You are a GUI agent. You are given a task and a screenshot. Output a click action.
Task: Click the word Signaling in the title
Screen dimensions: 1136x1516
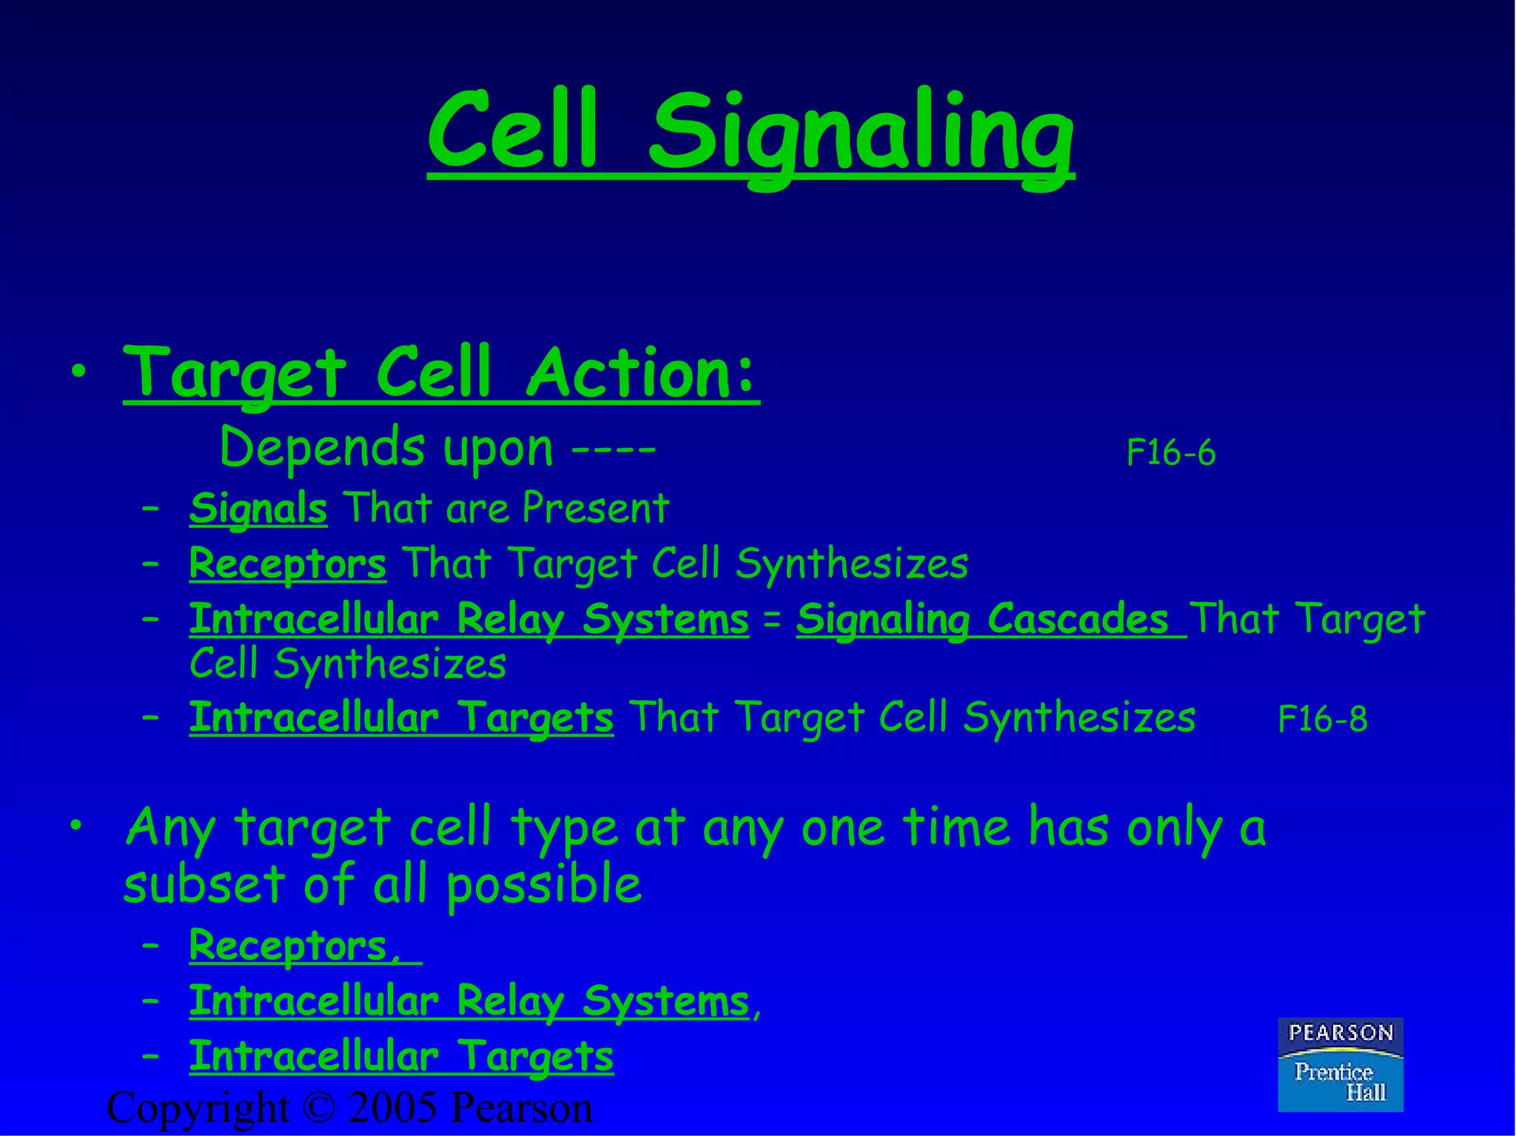point(860,133)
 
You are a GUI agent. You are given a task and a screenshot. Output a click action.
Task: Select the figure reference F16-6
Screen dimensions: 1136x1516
point(1170,452)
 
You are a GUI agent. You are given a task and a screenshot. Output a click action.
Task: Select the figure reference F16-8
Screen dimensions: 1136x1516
point(1322,719)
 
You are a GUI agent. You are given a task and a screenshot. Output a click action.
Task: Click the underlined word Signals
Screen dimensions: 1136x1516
point(258,509)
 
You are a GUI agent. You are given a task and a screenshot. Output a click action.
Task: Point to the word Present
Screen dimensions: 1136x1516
point(595,509)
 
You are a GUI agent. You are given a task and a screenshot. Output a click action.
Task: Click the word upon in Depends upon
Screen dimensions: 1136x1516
point(497,449)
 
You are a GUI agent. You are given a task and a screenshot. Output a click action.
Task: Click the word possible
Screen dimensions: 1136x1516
point(544,884)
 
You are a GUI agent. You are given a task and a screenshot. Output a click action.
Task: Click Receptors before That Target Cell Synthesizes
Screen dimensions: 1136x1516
point(287,564)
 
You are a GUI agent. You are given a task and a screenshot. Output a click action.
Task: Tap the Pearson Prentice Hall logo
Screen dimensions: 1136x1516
point(1340,1064)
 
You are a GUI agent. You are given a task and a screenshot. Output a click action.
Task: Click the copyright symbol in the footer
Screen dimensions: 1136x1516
point(319,1109)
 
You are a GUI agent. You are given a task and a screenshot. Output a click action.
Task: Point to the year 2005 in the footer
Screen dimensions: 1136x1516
point(392,1109)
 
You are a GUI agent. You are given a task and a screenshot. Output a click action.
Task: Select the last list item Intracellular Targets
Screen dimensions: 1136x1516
point(400,1056)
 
